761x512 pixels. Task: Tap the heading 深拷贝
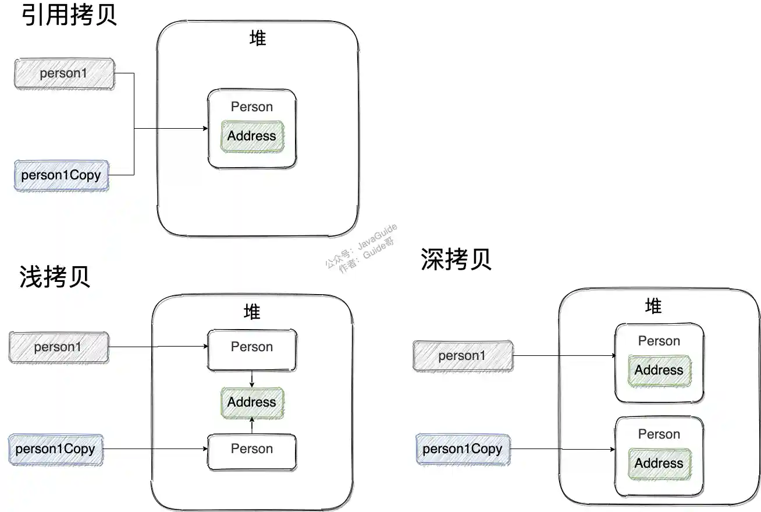[456, 260]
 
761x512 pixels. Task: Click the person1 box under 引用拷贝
[63, 73]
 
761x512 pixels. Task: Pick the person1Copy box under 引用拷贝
[61, 175]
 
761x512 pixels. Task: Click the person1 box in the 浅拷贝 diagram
[58, 347]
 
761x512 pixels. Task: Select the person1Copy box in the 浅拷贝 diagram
[55, 449]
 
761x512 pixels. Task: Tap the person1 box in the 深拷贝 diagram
[463, 355]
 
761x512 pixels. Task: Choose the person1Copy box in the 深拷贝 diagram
[462, 449]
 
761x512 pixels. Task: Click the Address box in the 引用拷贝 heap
[252, 136]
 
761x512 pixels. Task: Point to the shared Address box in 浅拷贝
[252, 402]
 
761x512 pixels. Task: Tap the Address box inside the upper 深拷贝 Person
[659, 370]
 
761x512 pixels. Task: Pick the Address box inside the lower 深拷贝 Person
[659, 464]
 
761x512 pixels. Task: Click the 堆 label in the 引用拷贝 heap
[257, 39]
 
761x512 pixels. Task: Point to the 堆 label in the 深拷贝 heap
[653, 306]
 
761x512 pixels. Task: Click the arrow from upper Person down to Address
[251, 379]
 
